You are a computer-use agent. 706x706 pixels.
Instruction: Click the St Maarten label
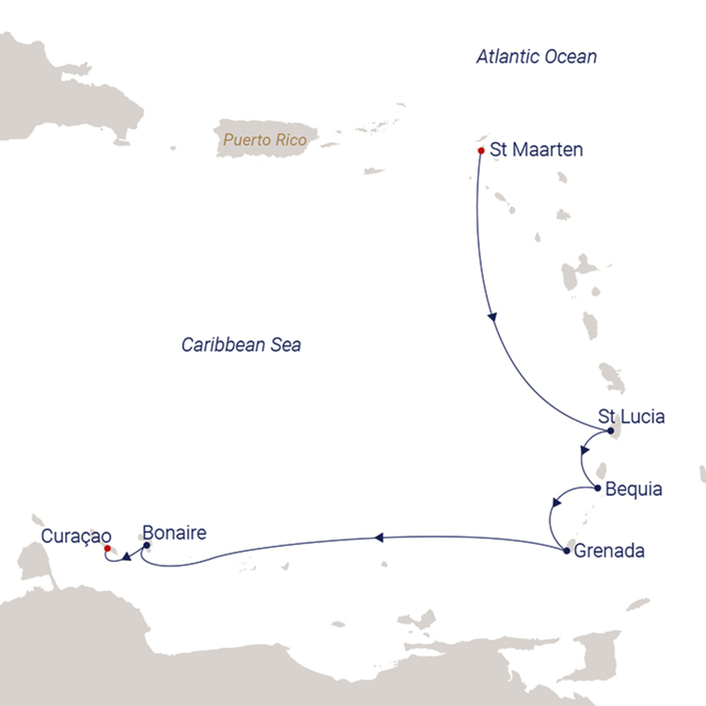click(537, 150)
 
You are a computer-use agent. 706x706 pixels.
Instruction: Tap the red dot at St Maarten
click(481, 149)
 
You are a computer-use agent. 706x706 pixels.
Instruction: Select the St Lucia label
click(632, 416)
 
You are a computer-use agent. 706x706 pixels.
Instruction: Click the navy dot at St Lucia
click(611, 431)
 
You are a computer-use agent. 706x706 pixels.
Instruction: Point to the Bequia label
click(634, 489)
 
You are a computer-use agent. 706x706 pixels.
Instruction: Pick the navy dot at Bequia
click(598, 488)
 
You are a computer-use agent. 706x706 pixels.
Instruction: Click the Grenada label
click(609, 551)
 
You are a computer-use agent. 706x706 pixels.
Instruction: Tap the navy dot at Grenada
click(565, 549)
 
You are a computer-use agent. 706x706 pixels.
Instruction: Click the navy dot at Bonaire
click(147, 544)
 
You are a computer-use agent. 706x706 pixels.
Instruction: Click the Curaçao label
click(77, 536)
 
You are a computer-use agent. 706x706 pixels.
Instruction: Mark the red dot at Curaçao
click(107, 548)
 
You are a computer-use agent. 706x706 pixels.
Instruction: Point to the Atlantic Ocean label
click(537, 57)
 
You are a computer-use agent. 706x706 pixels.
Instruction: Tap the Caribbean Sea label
click(241, 345)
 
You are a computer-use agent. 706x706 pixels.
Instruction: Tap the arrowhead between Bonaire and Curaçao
click(124, 562)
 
